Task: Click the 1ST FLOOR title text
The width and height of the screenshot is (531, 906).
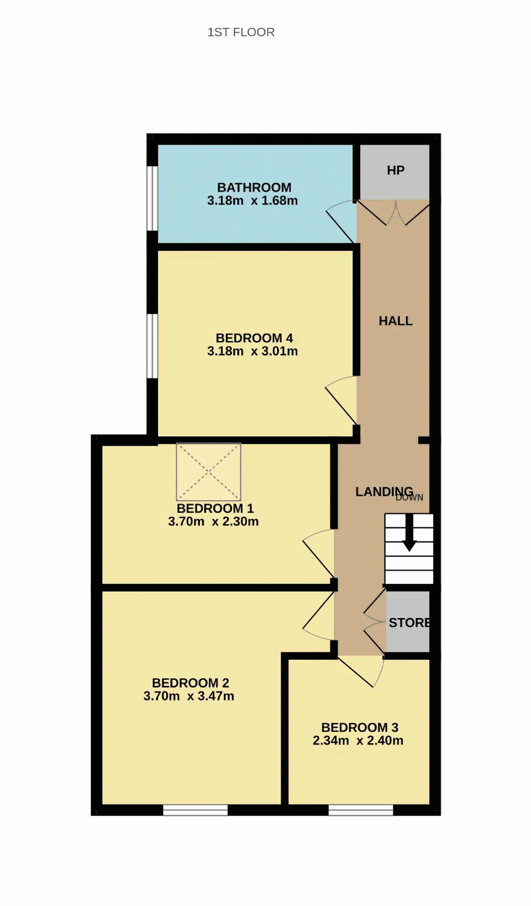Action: pyautogui.click(x=241, y=32)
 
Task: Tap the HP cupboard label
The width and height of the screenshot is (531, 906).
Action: pyautogui.click(x=395, y=170)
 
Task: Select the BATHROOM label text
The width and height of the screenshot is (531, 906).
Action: pyautogui.click(x=254, y=187)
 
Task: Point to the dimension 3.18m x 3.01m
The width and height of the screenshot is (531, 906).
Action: pyautogui.click(x=253, y=351)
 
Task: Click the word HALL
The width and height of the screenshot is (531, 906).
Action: pyautogui.click(x=395, y=321)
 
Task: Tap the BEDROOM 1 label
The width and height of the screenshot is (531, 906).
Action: pyautogui.click(x=215, y=508)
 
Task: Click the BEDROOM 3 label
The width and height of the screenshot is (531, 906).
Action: pyautogui.click(x=360, y=727)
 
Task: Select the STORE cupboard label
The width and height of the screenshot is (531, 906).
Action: pyautogui.click(x=409, y=623)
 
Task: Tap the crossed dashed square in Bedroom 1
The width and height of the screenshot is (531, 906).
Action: pyautogui.click(x=209, y=472)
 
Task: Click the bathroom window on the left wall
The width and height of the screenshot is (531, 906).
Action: pyautogui.click(x=153, y=199)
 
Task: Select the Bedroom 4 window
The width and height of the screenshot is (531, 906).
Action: pyautogui.click(x=153, y=346)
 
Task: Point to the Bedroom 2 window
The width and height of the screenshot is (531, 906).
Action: pyautogui.click(x=195, y=810)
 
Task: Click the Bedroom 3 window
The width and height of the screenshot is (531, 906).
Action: pyautogui.click(x=361, y=810)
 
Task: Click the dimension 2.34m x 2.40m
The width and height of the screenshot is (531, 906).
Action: pyautogui.click(x=358, y=740)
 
